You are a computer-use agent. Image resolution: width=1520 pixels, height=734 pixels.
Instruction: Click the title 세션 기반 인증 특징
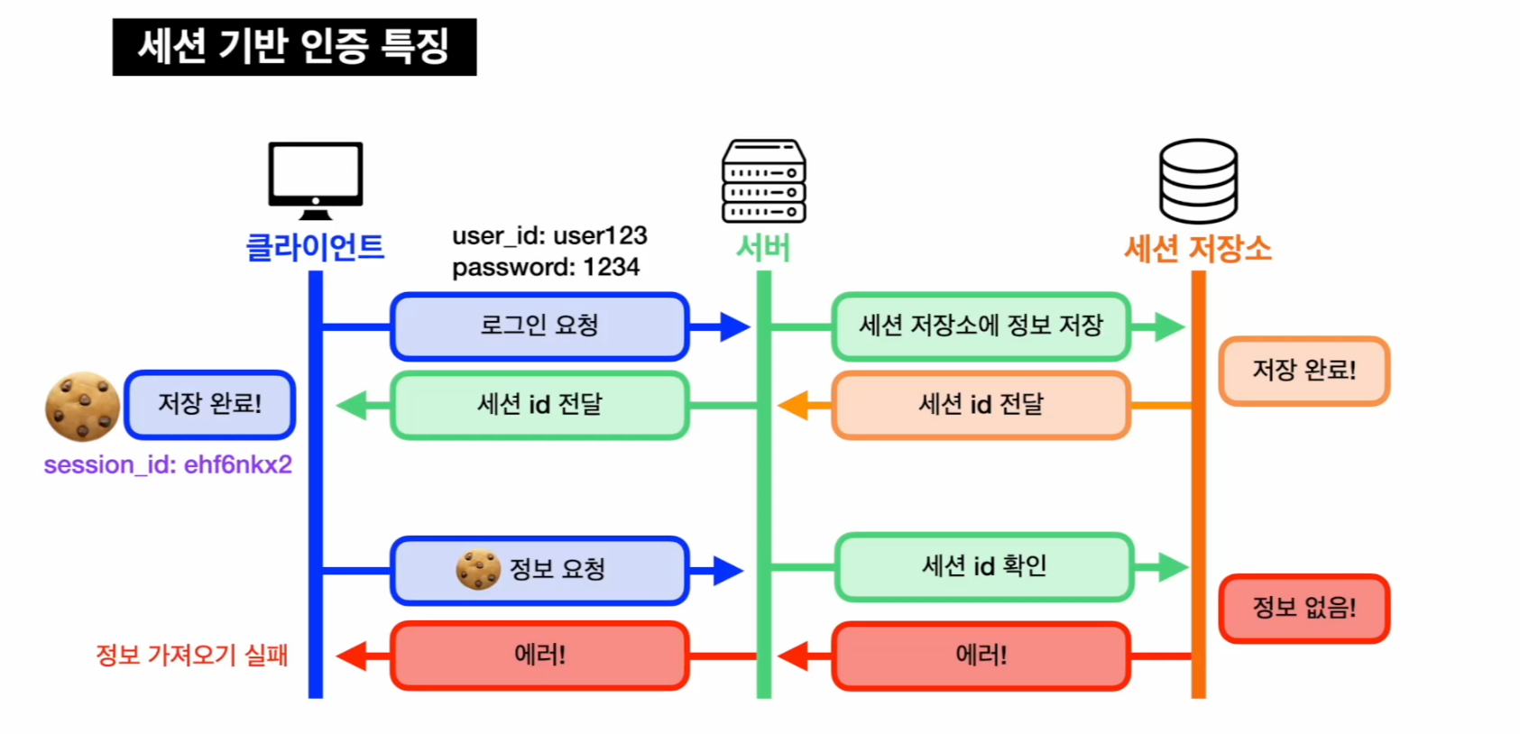tap(294, 47)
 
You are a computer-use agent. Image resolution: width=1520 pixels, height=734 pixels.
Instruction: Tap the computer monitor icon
tap(315, 179)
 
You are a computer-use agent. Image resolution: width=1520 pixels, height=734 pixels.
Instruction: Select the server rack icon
tap(763, 181)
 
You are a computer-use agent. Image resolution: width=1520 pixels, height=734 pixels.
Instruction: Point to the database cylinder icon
tap(1198, 180)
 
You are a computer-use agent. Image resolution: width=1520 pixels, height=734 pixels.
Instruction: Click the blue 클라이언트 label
tap(315, 247)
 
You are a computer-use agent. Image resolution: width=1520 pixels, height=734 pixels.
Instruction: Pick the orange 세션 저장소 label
tap(1198, 248)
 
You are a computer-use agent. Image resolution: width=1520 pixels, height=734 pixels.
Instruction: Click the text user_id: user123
tap(549, 236)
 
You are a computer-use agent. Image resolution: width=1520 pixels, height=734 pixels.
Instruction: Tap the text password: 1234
tap(546, 268)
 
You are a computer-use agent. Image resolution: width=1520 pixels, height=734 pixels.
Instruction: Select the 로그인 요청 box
tap(539, 326)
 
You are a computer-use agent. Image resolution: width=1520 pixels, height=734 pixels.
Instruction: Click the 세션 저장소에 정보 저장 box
tap(981, 326)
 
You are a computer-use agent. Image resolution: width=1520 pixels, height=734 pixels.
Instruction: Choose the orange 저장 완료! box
tap(1304, 371)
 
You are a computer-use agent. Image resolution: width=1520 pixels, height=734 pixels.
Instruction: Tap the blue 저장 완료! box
tap(210, 404)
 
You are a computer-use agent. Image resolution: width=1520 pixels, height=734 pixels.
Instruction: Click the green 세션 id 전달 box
tap(539, 405)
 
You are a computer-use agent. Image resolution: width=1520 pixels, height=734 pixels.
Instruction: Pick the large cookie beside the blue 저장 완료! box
tap(82, 407)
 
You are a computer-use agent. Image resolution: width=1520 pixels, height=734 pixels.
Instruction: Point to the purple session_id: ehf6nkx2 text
tap(168, 465)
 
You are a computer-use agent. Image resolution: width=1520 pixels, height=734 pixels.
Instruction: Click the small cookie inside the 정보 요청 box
tap(478, 569)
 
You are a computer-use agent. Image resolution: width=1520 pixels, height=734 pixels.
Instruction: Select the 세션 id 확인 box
tap(983, 566)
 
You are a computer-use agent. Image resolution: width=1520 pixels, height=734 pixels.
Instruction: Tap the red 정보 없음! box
tap(1304, 609)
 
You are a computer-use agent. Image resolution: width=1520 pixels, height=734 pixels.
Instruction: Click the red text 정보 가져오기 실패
tap(191, 656)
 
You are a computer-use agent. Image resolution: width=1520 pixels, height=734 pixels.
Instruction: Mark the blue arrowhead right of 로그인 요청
tap(734, 326)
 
